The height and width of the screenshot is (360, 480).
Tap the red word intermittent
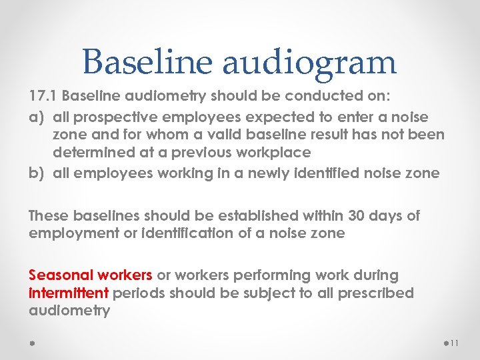(69, 293)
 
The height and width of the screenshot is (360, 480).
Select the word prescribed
(377, 293)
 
